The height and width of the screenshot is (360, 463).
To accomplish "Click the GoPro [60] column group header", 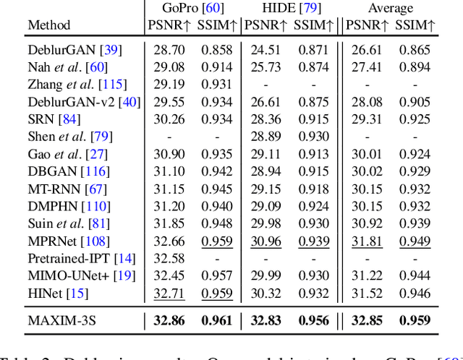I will (x=192, y=9).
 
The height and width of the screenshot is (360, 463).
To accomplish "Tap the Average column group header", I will (x=390, y=9).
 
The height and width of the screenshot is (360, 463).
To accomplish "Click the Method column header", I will (x=49, y=25).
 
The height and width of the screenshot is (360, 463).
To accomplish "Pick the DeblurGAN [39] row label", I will (x=75, y=50).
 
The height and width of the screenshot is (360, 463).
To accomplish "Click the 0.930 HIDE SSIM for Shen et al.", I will (x=314, y=136).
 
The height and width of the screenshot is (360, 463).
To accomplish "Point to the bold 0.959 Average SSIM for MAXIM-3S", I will (x=415, y=321).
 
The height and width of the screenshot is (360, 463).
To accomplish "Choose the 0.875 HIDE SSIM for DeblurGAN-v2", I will (x=314, y=102).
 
